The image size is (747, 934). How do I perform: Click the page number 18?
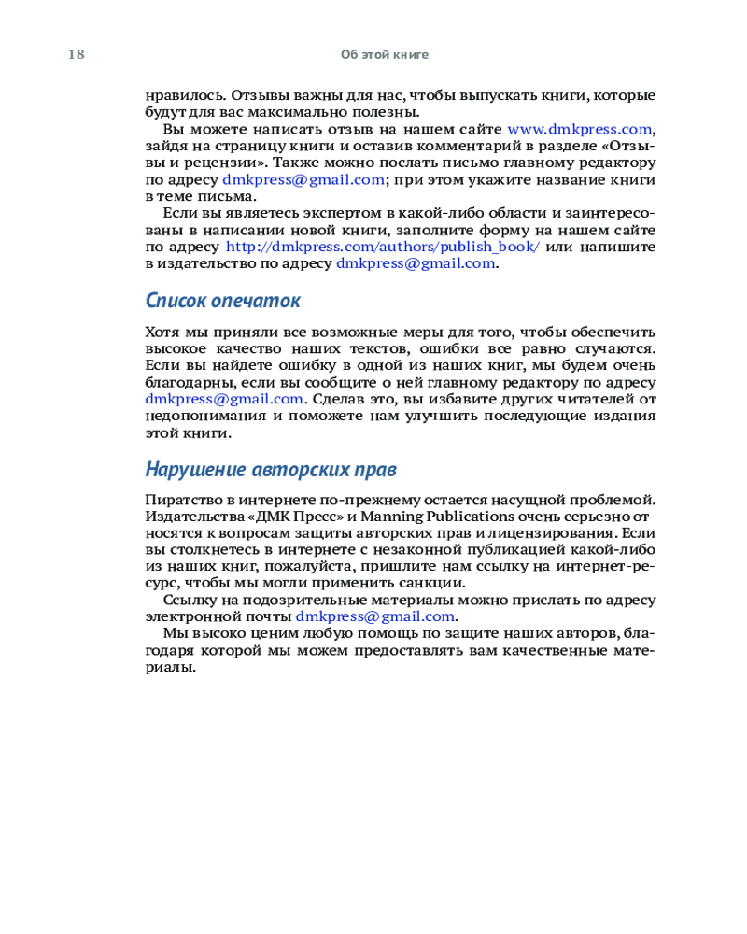[76, 54]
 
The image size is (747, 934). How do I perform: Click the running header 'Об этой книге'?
[385, 54]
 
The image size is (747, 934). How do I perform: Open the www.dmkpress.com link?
[579, 130]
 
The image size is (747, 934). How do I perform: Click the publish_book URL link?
[383, 248]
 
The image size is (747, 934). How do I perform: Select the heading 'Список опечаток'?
[223, 301]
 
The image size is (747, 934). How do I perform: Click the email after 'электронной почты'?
[375, 616]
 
